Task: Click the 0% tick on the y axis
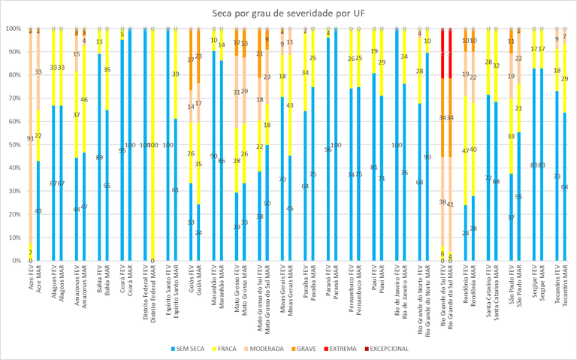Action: click(x=15, y=261)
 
